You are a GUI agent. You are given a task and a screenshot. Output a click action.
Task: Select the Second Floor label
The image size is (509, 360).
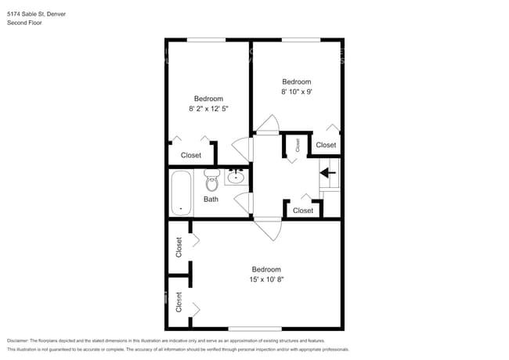pyautogui.click(x=24, y=23)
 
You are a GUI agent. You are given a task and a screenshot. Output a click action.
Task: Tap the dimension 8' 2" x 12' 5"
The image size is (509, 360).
pyautogui.click(x=208, y=110)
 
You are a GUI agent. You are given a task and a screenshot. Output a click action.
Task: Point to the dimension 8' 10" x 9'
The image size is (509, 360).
pyautogui.click(x=297, y=92)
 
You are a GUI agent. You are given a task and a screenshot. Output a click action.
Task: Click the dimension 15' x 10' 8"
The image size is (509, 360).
pyautogui.click(x=266, y=279)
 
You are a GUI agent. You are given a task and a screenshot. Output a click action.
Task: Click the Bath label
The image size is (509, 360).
pyautogui.click(x=211, y=200)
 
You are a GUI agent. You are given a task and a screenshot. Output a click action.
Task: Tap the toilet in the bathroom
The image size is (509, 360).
pyautogui.click(x=211, y=181)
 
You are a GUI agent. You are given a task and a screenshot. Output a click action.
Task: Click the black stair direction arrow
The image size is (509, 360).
pyautogui.click(x=328, y=172)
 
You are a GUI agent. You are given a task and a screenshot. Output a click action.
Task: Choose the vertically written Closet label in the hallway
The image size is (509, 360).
pyautogui.click(x=298, y=145)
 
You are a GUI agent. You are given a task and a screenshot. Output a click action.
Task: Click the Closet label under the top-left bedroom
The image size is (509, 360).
pyautogui.click(x=191, y=156)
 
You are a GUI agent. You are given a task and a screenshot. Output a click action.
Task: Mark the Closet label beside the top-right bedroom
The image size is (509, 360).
pyautogui.click(x=326, y=146)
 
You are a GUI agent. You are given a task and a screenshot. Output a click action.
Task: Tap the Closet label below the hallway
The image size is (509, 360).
pyautogui.click(x=303, y=211)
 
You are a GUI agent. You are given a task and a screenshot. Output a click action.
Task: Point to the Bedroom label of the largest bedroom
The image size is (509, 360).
pyautogui.click(x=266, y=269)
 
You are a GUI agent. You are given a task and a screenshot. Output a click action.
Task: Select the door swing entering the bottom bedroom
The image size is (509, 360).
pyautogui.click(x=268, y=229)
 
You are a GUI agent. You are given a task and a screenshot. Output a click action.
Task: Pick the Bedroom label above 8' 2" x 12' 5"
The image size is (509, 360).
pyautogui.click(x=208, y=99)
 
